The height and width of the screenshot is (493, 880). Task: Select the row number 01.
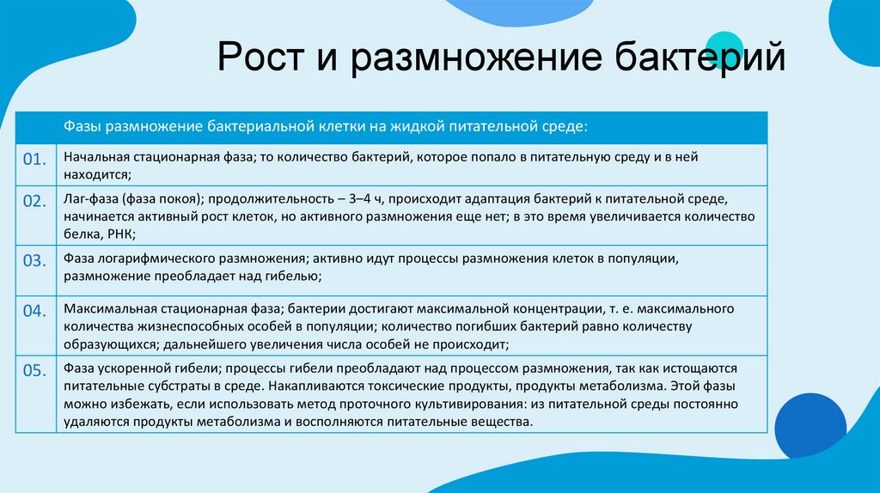(x=34, y=160)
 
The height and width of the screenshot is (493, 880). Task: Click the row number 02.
(x=34, y=201)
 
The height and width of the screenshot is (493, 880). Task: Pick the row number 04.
(x=34, y=311)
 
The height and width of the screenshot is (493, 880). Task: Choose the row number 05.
(x=34, y=371)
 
